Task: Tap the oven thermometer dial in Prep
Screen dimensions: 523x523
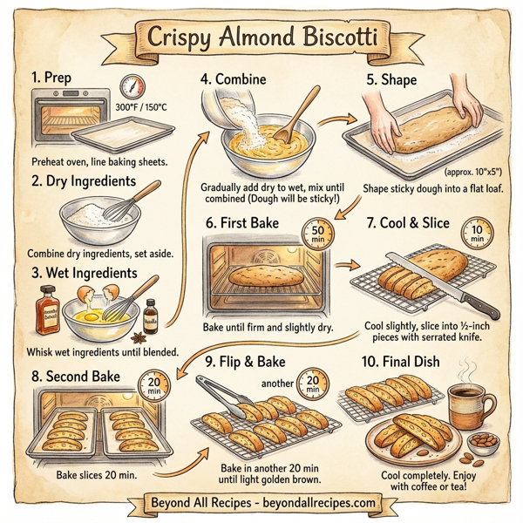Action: point(133,88)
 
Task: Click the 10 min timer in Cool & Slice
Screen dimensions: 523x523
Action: point(477,233)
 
